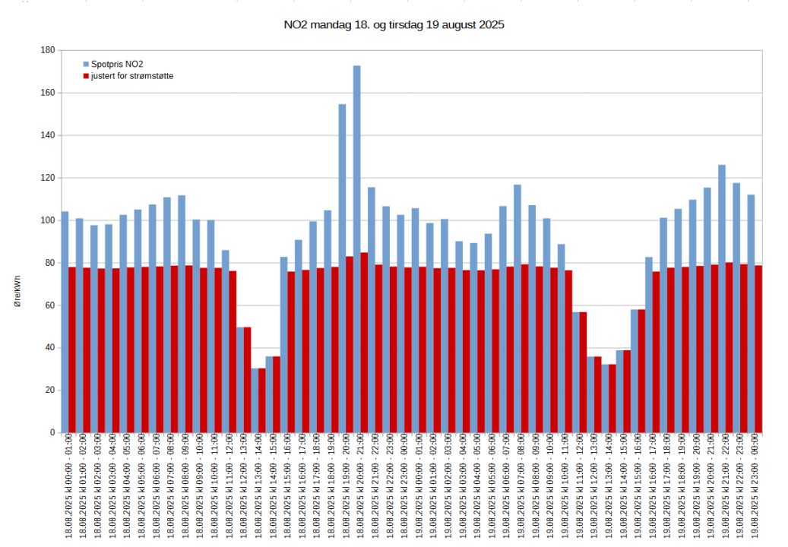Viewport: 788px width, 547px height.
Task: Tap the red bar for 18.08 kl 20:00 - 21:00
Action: (364, 342)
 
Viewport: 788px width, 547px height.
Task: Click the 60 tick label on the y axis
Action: (49, 305)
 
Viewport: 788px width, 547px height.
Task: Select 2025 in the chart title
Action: (490, 25)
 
